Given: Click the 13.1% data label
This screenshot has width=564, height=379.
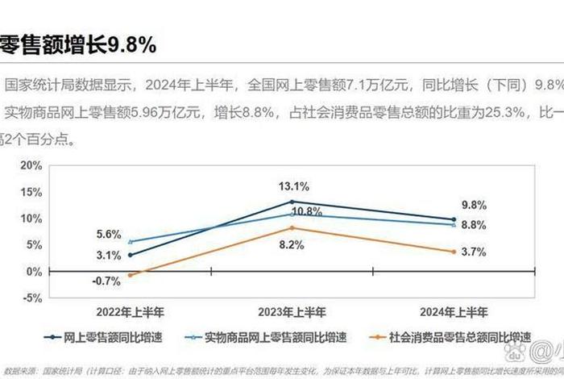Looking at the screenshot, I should coord(294,186).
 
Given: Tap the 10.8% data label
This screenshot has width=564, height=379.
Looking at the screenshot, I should coord(307,211).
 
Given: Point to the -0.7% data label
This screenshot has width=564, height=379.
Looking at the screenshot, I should coord(106,281).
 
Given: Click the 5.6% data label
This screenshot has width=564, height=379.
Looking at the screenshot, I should coord(108,234).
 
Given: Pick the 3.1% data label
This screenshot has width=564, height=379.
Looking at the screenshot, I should coord(108,255).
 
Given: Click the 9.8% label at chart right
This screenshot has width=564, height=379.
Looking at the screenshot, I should coord(475,205).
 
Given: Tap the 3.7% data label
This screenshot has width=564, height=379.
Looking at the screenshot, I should coord(475,252).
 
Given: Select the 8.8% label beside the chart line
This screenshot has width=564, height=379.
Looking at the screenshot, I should coord(475,225).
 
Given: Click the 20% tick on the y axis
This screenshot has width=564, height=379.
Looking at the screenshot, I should coord(31,165).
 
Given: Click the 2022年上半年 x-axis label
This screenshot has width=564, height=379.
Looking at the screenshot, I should coord(130,310).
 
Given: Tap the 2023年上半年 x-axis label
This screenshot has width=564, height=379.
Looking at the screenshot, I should coord(292,310).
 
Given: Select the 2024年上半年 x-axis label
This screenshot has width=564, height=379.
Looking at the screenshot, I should coord(454,310).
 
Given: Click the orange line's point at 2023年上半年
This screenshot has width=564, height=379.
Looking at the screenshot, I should coord(292,227).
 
